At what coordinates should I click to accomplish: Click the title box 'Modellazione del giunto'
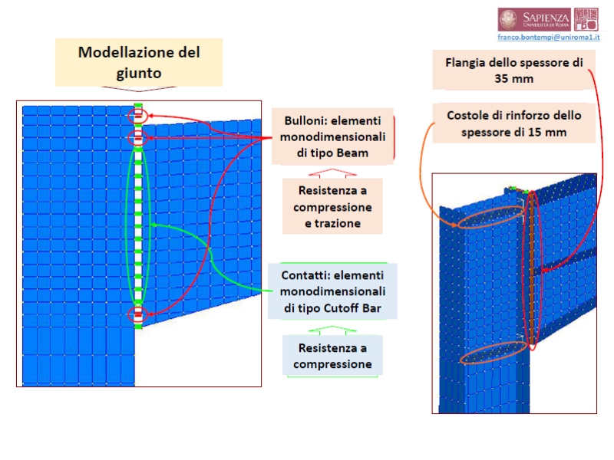click(139, 63)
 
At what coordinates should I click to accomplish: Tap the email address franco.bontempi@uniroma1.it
click(549, 37)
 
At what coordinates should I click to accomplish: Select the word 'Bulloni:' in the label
click(307, 121)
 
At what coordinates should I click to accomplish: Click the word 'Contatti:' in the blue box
click(305, 276)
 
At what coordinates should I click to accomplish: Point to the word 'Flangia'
click(465, 62)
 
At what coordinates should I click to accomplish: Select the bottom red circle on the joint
click(137, 315)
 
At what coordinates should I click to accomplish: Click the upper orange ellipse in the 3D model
click(486, 217)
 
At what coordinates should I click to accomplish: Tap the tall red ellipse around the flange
click(531, 271)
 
